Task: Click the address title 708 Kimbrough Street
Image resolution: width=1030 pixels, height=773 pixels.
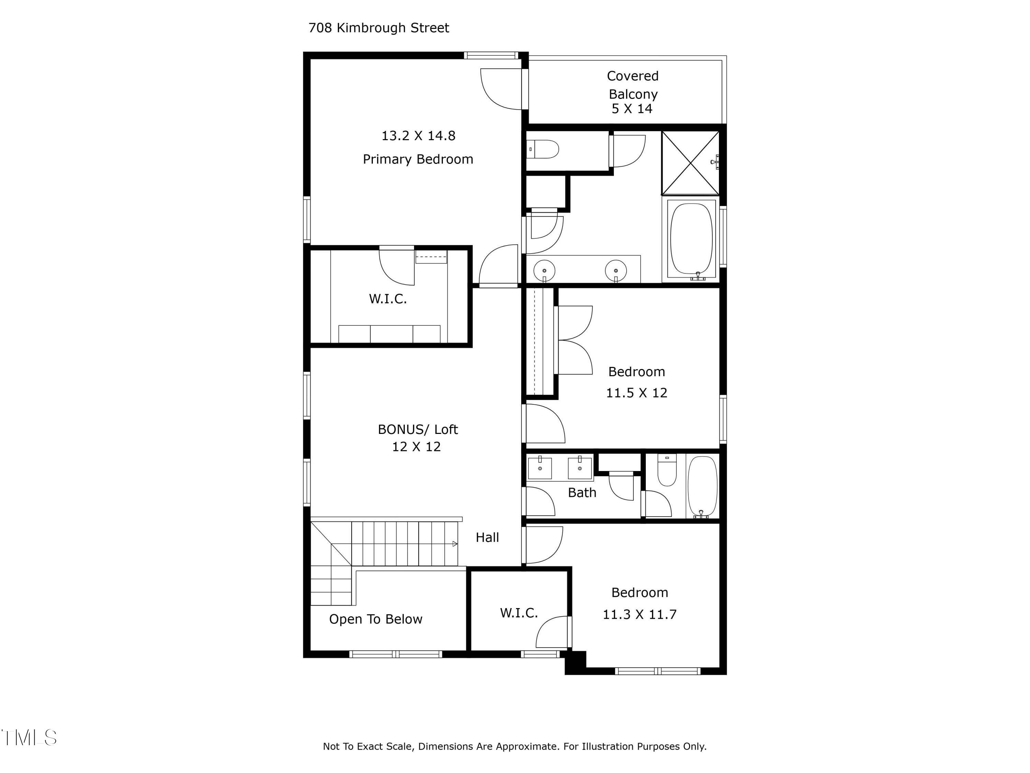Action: (379, 28)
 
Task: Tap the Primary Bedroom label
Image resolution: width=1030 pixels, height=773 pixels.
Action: (418, 159)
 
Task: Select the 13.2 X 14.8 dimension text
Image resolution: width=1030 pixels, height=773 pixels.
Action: (418, 136)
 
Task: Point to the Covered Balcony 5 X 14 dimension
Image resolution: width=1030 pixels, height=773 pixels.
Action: (632, 109)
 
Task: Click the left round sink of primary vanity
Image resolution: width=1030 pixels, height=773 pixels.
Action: (544, 270)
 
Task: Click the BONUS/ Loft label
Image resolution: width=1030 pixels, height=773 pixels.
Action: (418, 429)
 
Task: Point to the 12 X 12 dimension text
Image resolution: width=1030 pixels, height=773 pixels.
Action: (416, 447)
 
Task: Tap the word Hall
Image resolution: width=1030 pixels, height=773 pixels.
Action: (487, 537)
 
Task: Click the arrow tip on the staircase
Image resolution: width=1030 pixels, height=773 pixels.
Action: (457, 544)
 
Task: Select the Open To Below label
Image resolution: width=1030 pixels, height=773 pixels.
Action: (376, 619)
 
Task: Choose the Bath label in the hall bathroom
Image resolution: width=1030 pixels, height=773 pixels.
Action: (582, 493)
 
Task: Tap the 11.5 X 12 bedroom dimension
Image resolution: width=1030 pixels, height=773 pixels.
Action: (637, 393)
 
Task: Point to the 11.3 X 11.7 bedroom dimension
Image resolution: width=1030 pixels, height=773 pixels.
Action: (639, 615)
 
